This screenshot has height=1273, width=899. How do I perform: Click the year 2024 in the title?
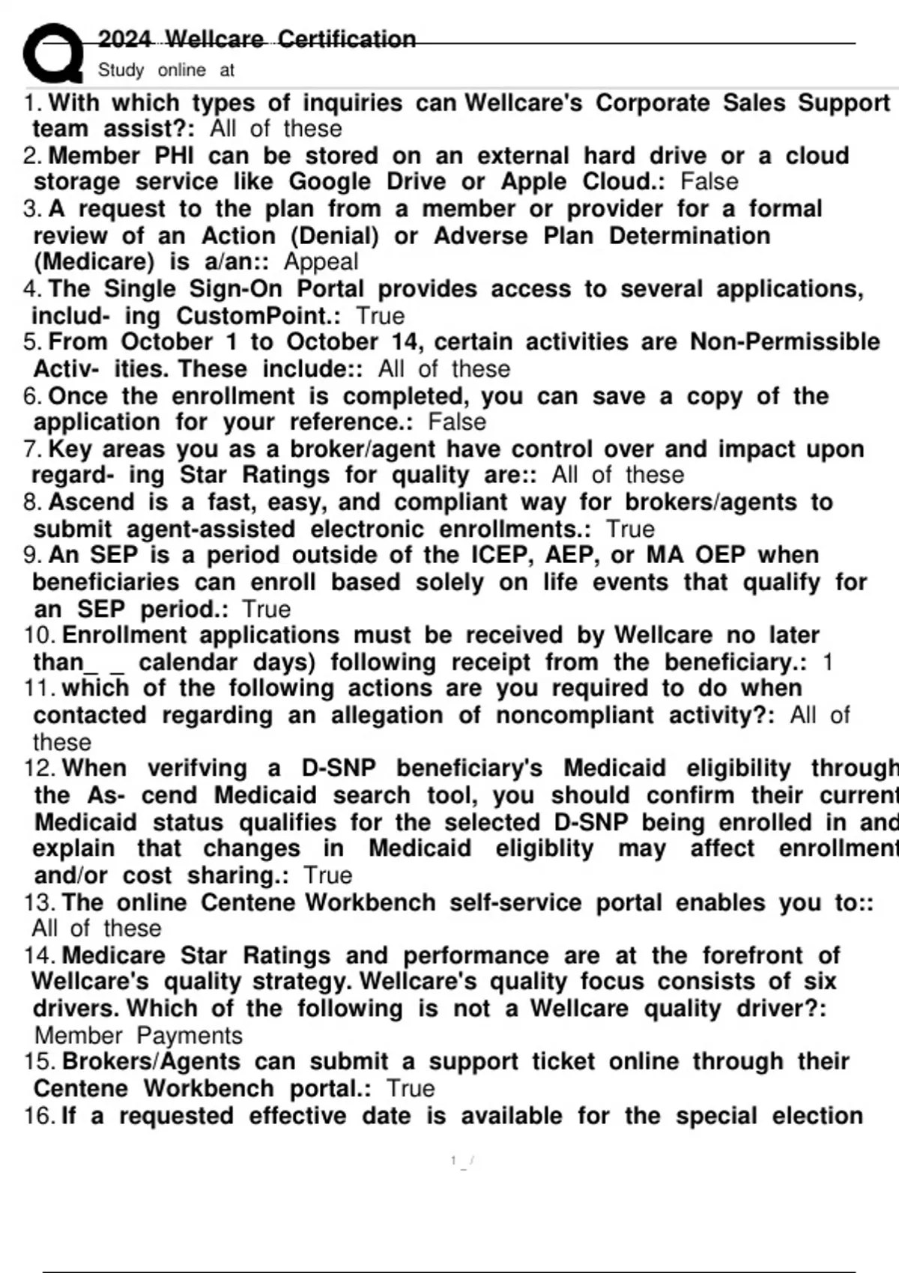124,38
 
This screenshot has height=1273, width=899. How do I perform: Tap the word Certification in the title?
346,38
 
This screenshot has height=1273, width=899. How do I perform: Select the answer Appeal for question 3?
321,261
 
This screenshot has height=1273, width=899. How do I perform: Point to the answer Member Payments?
139,1035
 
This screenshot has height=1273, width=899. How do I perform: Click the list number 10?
39,635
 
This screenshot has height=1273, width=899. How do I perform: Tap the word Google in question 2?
330,181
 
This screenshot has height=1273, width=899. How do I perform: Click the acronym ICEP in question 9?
501,555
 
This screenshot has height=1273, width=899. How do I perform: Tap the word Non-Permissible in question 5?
784,341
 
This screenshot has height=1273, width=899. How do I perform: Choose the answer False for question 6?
457,422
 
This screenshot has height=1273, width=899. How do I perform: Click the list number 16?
39,1116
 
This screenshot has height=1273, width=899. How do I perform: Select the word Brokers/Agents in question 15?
151,1061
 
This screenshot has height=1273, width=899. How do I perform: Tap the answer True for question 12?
328,875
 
